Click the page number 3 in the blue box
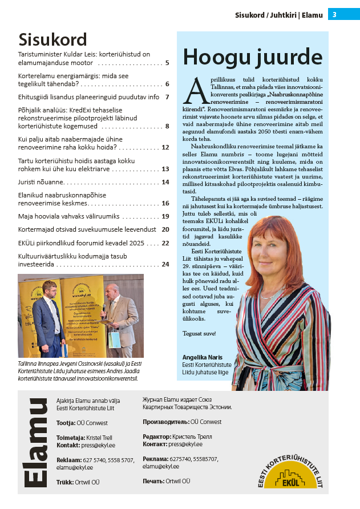click(x=335, y=15)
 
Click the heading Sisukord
click(x=52, y=39)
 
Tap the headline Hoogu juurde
click(x=253, y=57)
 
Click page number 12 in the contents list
click(x=165, y=147)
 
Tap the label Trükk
click(x=64, y=482)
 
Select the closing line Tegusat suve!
click(x=199, y=333)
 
